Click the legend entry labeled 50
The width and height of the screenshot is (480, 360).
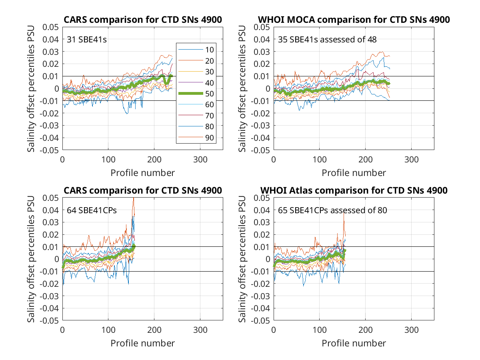click(196, 94)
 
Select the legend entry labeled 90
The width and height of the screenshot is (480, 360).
click(196, 138)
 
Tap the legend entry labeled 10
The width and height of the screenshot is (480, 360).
click(196, 50)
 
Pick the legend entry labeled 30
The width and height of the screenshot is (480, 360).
click(196, 72)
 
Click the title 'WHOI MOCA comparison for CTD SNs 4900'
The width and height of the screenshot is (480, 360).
click(354, 20)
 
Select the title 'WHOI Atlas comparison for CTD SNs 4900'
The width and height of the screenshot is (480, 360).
click(354, 190)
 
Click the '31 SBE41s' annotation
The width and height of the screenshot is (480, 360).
click(86, 40)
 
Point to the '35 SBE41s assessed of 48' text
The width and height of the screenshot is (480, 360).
click(327, 40)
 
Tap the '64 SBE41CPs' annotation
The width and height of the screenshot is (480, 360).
click(92, 210)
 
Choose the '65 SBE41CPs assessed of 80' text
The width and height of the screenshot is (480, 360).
click(332, 210)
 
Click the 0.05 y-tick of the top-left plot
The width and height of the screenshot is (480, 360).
click(50, 27)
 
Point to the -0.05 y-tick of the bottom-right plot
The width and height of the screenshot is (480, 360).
click(260, 320)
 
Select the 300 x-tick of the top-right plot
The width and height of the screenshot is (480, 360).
click(411, 160)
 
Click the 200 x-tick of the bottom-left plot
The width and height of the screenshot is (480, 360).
click(154, 330)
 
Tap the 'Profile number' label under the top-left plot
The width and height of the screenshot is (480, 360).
click(142, 173)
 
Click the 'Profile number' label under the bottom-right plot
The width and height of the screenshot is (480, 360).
click(354, 343)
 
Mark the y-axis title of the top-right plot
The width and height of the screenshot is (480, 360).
click(242, 88)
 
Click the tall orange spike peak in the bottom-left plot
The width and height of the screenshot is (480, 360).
click(133, 198)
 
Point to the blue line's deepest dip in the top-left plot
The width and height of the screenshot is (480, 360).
click(127, 114)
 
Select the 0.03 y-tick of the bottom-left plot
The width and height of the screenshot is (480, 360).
click(50, 222)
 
